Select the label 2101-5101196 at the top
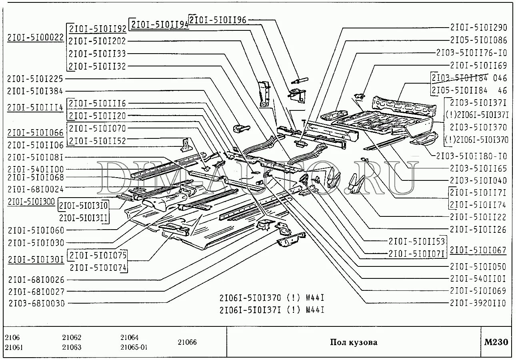coord(218,20)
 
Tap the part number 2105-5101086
coord(478,40)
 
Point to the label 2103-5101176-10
coord(472,52)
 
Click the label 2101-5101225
coord(35,79)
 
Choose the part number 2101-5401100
coord(35,169)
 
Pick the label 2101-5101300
coord(31,201)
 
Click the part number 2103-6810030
coord(36,303)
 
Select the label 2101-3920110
coord(478,303)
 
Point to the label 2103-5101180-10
coord(472,156)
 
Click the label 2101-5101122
coord(478,217)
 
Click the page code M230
coord(496,342)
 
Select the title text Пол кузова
coord(354,342)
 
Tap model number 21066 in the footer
coord(187,342)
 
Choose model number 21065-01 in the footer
coord(134,347)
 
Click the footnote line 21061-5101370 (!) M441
coord(272,298)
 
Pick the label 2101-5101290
coord(478,28)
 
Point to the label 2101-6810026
coord(36,280)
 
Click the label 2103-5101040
coord(478,180)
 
